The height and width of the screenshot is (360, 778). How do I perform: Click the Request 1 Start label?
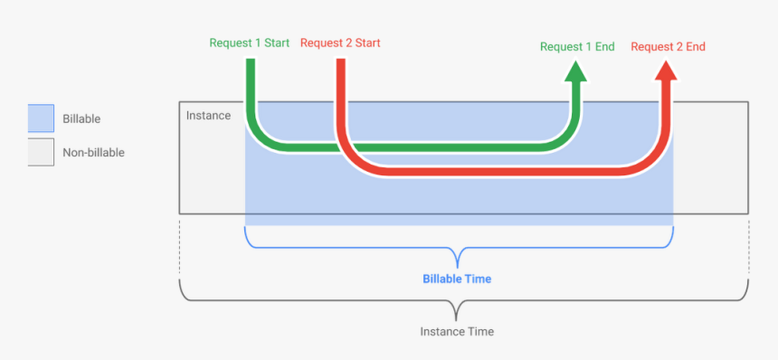point(249,43)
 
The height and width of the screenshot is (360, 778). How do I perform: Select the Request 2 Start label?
point(339,43)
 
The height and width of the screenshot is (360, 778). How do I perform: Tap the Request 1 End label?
point(576,46)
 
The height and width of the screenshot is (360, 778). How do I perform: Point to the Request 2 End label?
point(668,46)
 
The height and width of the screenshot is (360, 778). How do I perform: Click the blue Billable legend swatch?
point(41,118)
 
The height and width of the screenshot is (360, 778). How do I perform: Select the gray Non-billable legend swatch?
point(41,152)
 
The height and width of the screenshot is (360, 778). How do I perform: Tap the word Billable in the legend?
point(81,118)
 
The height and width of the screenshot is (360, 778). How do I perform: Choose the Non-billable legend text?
point(93,153)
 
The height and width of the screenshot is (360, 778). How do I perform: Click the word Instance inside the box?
point(208,116)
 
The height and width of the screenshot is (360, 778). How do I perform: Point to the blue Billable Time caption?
point(457,279)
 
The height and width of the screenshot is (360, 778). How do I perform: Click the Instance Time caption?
point(457,331)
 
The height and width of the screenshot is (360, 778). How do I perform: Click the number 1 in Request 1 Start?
point(258,43)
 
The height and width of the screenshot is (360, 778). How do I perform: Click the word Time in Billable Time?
point(478,279)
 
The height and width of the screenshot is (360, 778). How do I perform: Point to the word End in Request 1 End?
point(604,46)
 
